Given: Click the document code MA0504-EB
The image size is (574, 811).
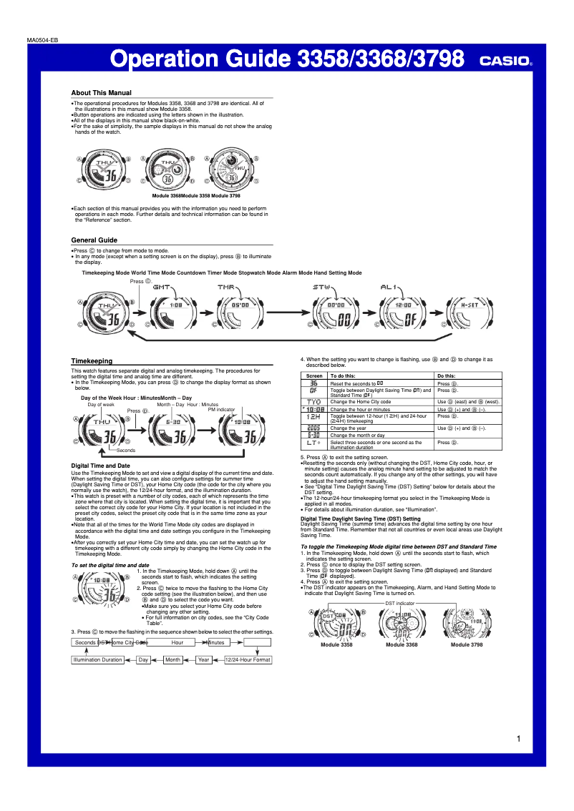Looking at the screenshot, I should (x=42, y=39).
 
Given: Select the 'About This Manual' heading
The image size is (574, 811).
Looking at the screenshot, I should (x=101, y=93).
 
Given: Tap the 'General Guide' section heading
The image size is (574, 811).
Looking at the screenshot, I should (x=94, y=240).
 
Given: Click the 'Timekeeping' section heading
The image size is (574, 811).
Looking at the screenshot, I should (x=91, y=361).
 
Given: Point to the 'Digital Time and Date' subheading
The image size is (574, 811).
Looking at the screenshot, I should (x=100, y=466).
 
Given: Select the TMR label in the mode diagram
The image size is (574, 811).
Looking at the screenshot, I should (x=226, y=287).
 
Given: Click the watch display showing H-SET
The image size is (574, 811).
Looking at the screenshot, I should (x=470, y=313).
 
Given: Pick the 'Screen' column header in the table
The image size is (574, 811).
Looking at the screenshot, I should (x=314, y=375).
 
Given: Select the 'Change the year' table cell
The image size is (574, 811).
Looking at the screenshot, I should (x=349, y=428).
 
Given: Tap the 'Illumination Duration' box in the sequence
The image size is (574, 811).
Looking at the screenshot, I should (x=97, y=659).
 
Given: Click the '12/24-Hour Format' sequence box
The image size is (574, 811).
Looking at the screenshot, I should (x=248, y=659).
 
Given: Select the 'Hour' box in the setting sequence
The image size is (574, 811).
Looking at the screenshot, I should (x=177, y=642).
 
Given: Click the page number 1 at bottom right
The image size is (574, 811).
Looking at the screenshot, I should (x=517, y=739).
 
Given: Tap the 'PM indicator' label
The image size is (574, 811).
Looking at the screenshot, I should (x=221, y=410).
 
